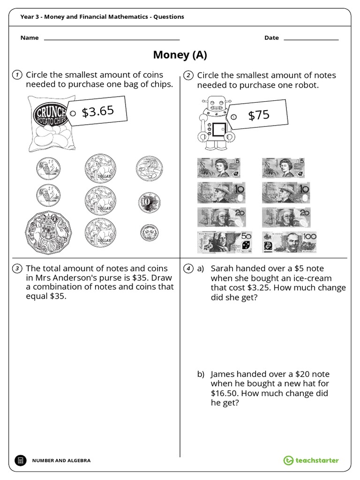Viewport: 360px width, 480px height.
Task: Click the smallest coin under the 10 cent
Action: (x=149, y=232)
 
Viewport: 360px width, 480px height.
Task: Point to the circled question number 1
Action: (x=16, y=75)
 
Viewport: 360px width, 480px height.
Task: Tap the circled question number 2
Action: (x=188, y=75)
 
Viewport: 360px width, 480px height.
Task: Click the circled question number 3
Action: (x=16, y=269)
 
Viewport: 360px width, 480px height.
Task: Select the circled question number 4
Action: (x=188, y=269)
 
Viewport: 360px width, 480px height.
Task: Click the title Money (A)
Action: (x=180, y=55)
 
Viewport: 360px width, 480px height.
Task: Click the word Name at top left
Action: (x=29, y=38)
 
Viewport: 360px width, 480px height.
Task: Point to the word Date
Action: (x=271, y=38)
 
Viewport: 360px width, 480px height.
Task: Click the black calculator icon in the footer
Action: (x=20, y=460)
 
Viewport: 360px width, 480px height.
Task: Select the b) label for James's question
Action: (x=201, y=374)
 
